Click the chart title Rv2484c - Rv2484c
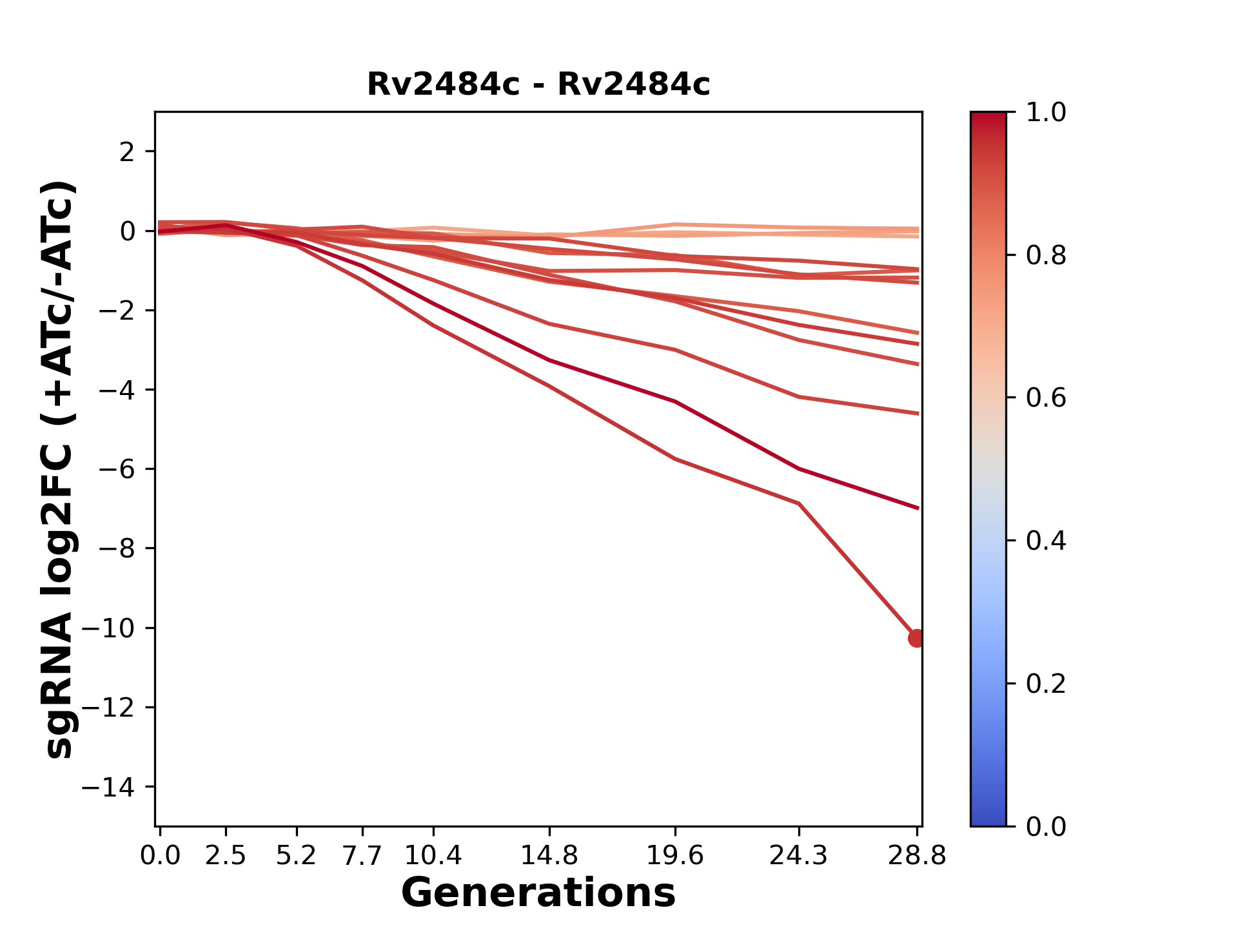pyautogui.click(x=538, y=84)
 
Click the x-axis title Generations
pyautogui.click(x=538, y=893)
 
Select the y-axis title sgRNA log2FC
pyautogui.click(x=60, y=469)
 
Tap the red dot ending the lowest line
pyautogui.click(x=916, y=638)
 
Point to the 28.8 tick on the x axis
pyautogui.click(x=917, y=856)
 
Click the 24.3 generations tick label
pyautogui.click(x=799, y=856)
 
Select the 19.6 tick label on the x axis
pyautogui.click(x=675, y=856)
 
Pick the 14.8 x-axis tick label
pyautogui.click(x=549, y=856)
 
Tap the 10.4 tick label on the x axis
pyautogui.click(x=433, y=856)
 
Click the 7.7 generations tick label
pyautogui.click(x=362, y=856)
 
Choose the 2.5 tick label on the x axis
pyautogui.click(x=226, y=856)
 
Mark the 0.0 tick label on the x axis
pyautogui.click(x=160, y=856)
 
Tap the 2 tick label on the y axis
pyautogui.click(x=127, y=152)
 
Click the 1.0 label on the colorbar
pyautogui.click(x=1046, y=113)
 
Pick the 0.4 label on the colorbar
pyautogui.click(x=1046, y=541)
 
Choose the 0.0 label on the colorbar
pyautogui.click(x=1046, y=826)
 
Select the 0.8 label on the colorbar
pyautogui.click(x=1046, y=256)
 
